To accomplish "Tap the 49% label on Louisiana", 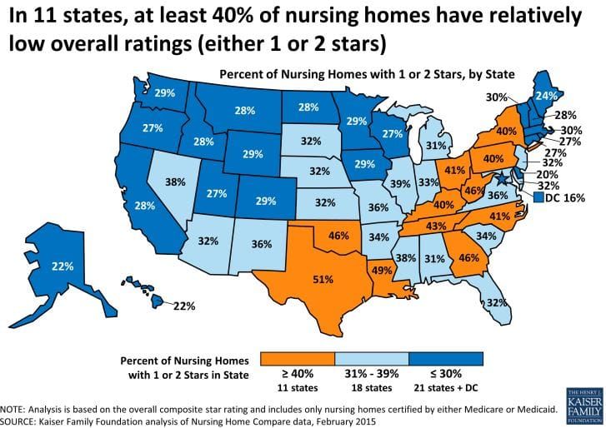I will tap(382, 270).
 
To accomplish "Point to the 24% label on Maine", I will tap(547, 96).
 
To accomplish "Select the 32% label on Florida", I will tap(497, 301).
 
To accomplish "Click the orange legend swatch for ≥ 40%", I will tap(298, 357).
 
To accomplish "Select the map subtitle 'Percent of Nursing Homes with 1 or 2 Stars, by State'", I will tap(366, 73).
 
